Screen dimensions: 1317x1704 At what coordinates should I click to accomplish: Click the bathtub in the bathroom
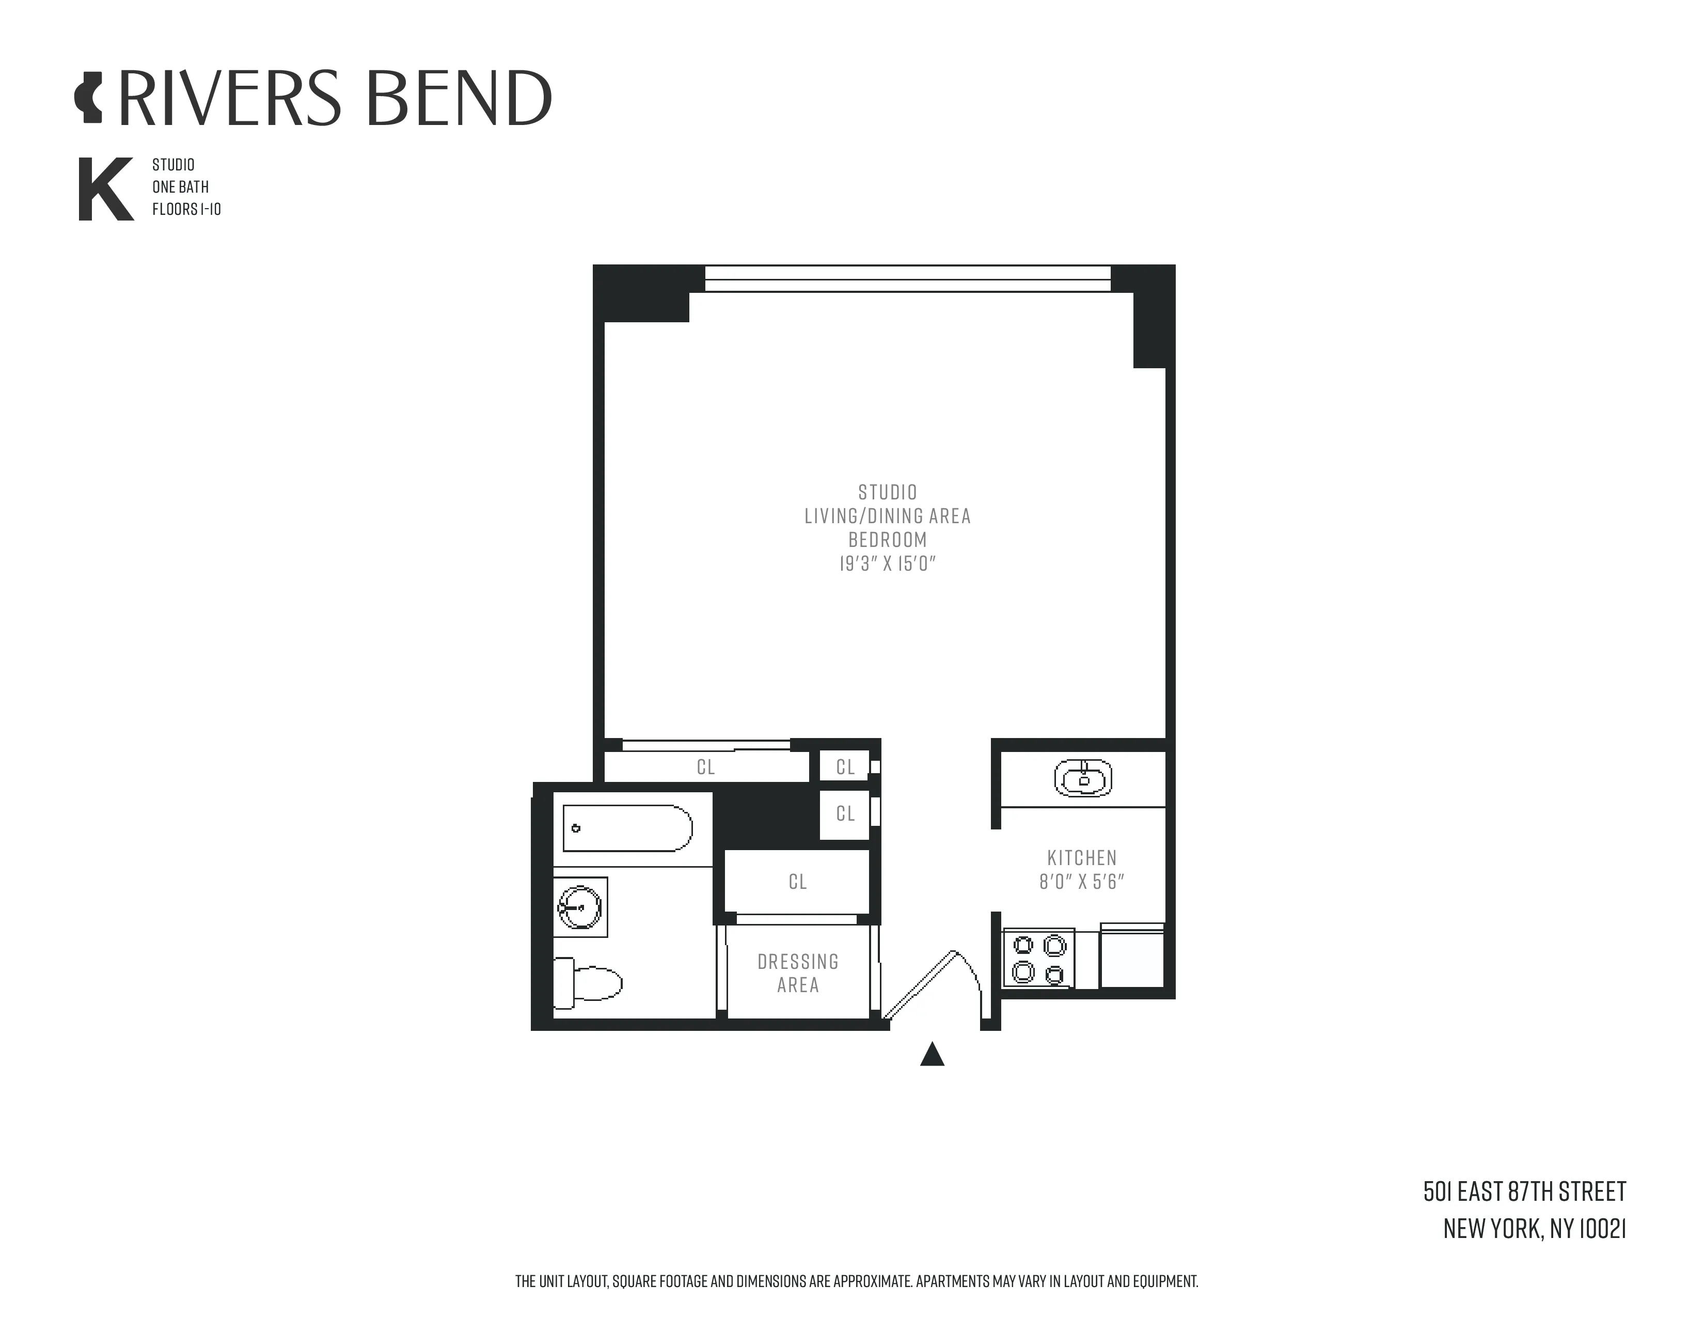(x=627, y=828)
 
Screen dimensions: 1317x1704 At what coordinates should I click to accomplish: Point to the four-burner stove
(x=1038, y=959)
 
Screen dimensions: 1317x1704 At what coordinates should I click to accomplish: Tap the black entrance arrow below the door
(x=933, y=1055)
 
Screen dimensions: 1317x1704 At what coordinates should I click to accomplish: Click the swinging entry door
(x=921, y=984)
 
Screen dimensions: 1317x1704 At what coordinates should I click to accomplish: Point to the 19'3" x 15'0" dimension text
(x=887, y=563)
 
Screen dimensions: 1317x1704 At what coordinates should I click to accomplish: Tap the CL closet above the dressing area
(x=797, y=882)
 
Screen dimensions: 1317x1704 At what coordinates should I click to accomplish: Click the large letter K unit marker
(x=105, y=190)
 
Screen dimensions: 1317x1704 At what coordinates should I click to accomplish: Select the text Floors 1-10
(x=186, y=209)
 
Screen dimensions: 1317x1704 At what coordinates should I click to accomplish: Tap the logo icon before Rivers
(x=89, y=98)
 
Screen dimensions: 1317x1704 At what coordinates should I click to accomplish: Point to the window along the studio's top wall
(x=907, y=278)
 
